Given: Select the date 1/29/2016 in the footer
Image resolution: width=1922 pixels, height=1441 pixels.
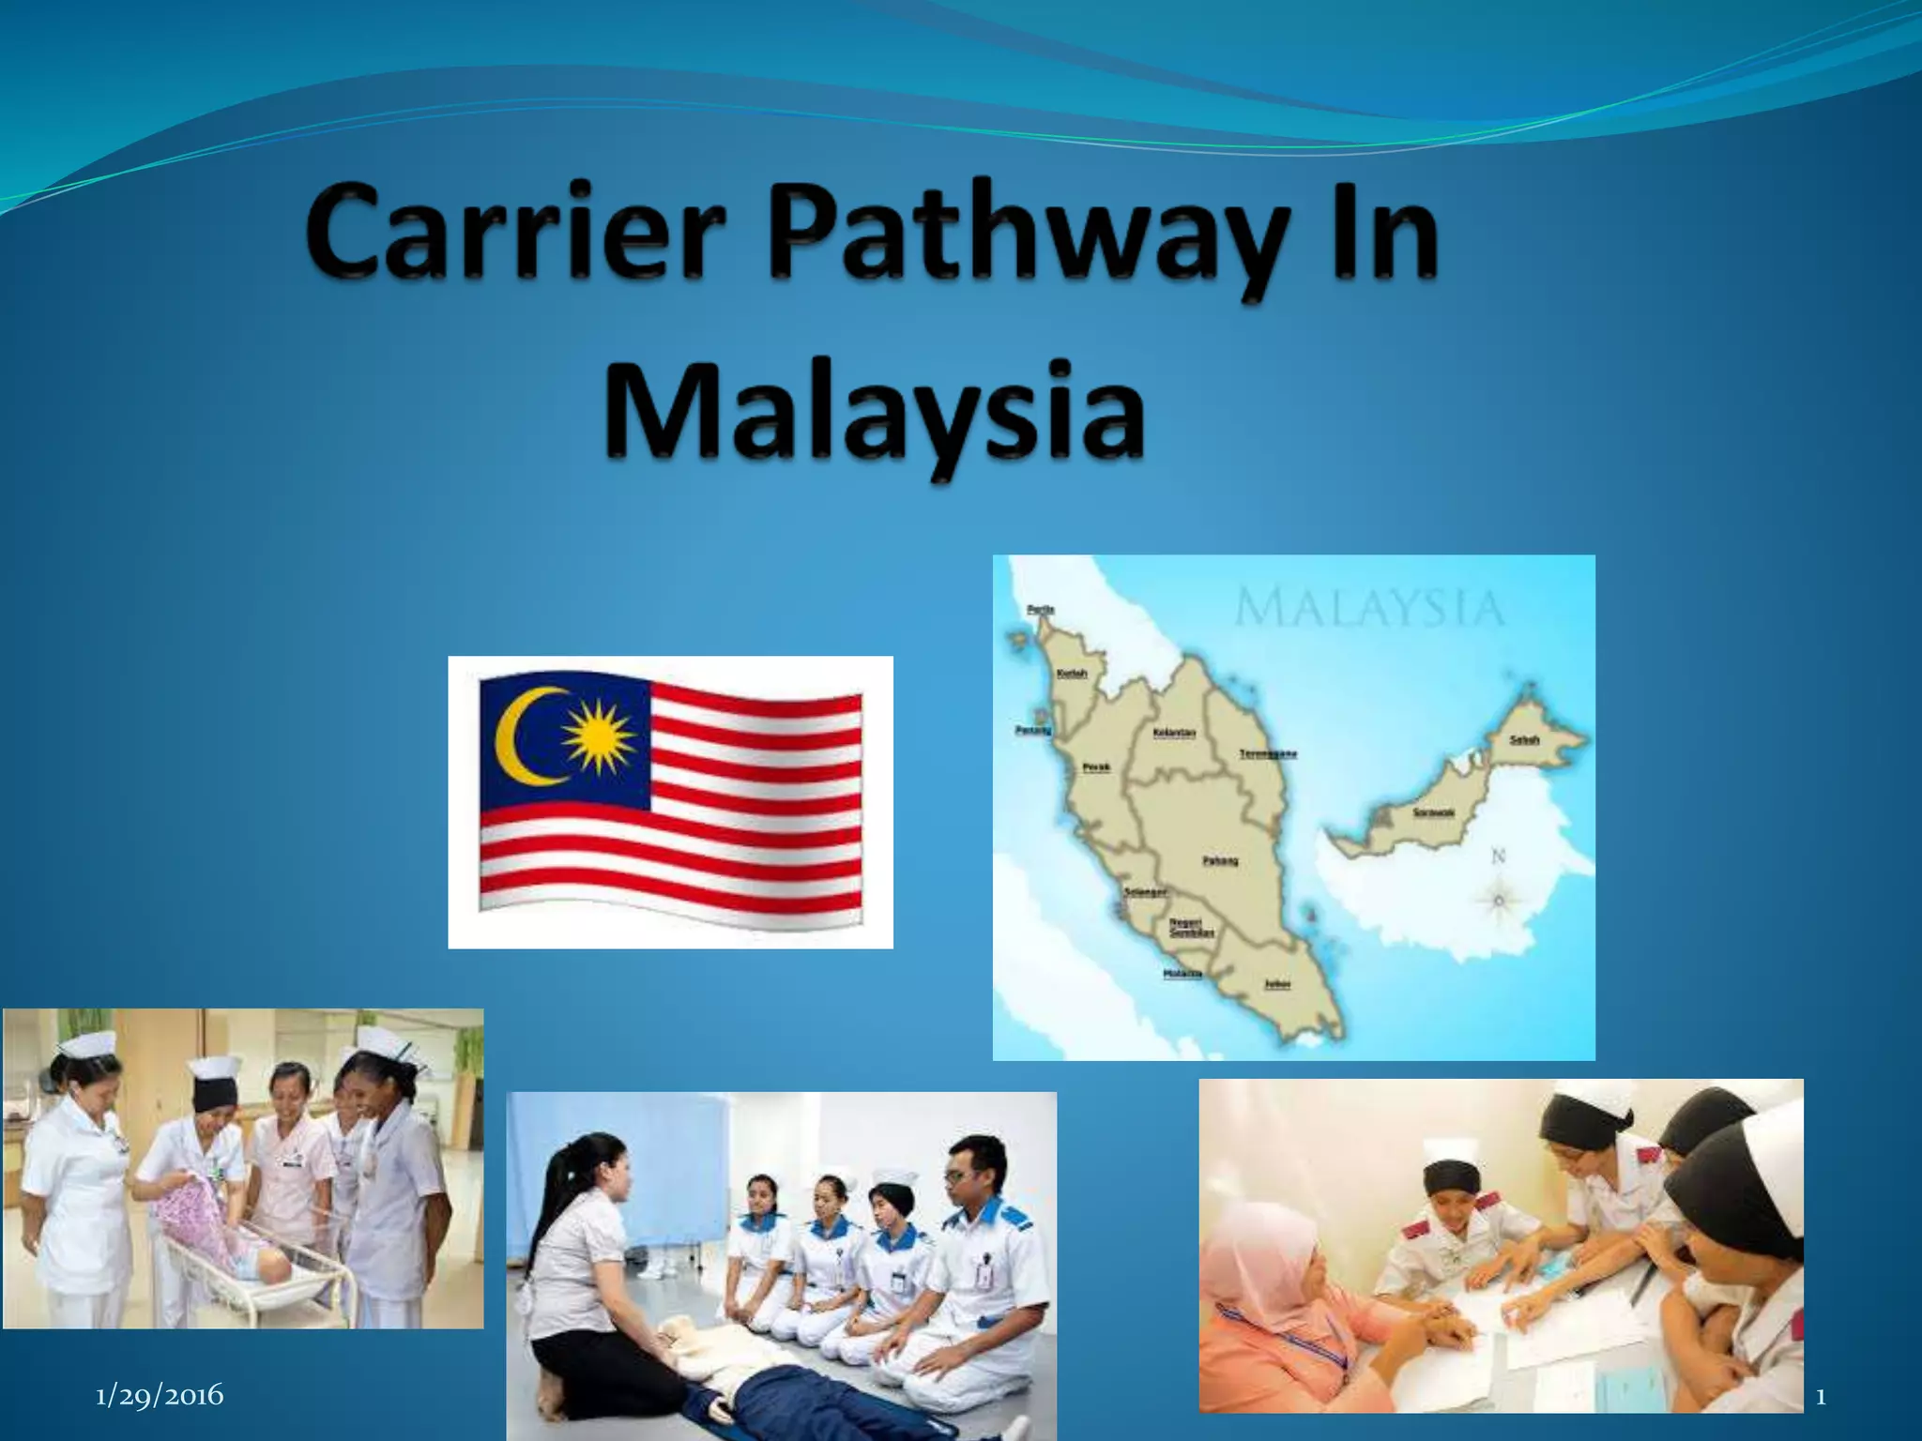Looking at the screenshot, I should (x=160, y=1395).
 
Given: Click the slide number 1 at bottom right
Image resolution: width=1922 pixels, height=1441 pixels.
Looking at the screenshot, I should (x=1821, y=1398).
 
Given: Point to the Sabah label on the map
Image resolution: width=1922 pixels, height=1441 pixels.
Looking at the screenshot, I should (x=1524, y=740).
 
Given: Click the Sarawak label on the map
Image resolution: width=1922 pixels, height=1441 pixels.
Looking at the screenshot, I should (x=1434, y=812).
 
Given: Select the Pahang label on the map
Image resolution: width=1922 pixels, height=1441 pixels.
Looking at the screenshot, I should (x=1220, y=860).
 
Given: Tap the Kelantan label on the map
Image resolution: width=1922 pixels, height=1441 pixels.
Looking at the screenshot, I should (x=1173, y=733).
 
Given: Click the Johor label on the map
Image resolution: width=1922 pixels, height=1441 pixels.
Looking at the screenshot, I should (x=1277, y=984).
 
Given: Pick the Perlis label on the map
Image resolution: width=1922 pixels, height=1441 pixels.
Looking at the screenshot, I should (x=1041, y=610).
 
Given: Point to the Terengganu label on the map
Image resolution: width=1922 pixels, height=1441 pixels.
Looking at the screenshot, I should (x=1268, y=753).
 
